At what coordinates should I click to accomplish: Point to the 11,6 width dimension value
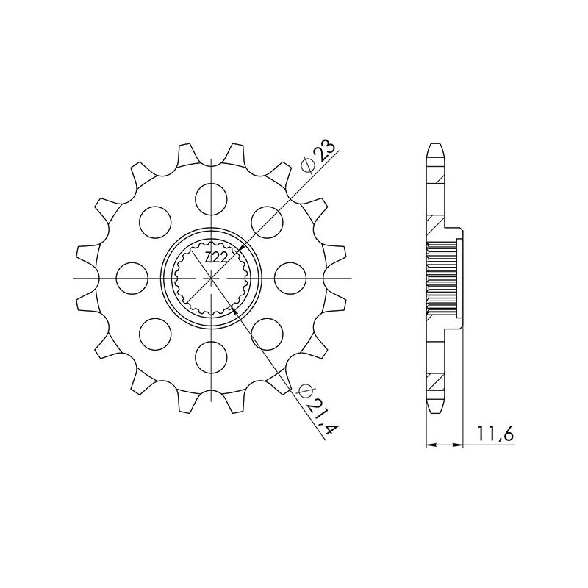tap(498, 435)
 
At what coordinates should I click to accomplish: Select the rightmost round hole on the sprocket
tap(290, 277)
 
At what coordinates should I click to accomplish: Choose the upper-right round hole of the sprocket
tap(267, 220)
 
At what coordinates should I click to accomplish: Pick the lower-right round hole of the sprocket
tap(267, 334)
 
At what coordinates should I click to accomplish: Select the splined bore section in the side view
tap(443, 278)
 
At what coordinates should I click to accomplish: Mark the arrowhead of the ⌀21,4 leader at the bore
tap(235, 312)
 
